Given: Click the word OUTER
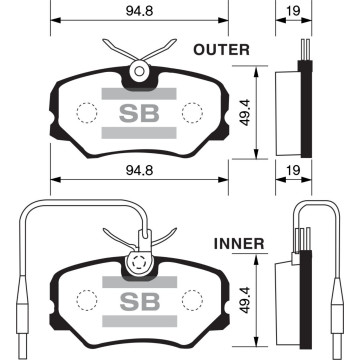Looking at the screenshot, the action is coord(221,50).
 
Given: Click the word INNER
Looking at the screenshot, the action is coord(239,244).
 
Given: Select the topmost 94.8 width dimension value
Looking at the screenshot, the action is coord(139,11).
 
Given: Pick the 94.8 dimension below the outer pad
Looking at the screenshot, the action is coord(139,171).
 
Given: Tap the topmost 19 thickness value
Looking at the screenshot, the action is coord(293,11).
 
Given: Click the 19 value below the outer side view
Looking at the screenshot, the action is coord(293,171).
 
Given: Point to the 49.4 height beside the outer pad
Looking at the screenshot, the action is coord(245,112).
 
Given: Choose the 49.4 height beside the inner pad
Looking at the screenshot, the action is coord(245,300).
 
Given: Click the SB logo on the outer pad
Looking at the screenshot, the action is coord(139,113).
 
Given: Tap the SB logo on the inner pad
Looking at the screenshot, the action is coord(140,301).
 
